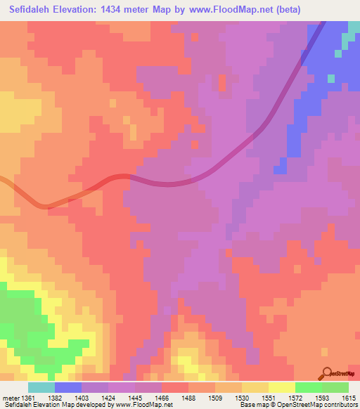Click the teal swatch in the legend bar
tap(41, 387)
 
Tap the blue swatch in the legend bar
tap(67, 387)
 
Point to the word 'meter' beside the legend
tap(10, 398)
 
